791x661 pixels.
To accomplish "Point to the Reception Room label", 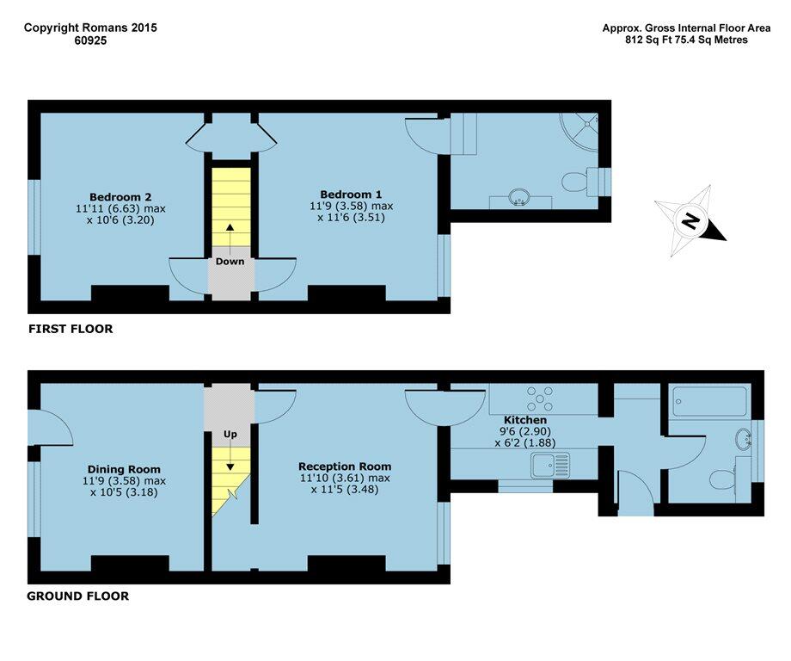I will (x=344, y=466).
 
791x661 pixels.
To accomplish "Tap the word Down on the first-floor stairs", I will (x=230, y=262).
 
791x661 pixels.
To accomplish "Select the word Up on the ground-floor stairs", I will (x=230, y=435).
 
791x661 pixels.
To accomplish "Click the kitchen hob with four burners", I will (x=540, y=398).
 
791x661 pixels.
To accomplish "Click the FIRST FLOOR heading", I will (x=71, y=329).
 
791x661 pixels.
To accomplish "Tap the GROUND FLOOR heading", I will (x=78, y=596).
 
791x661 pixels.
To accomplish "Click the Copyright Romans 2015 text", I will (x=90, y=28).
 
